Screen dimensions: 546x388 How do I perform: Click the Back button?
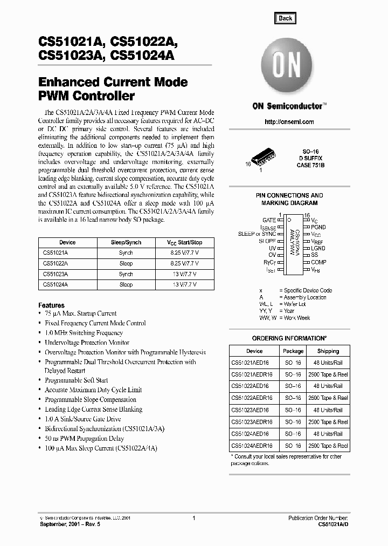(x=285, y=18)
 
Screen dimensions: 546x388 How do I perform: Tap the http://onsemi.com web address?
(x=289, y=122)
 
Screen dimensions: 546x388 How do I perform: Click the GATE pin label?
(x=269, y=221)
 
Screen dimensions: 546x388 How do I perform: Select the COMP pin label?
(x=318, y=262)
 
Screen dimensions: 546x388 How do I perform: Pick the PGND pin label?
(x=318, y=228)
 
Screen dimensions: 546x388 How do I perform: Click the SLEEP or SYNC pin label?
(x=257, y=234)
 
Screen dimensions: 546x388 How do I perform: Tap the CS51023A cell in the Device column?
(x=56, y=274)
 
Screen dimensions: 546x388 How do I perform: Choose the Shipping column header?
(x=328, y=351)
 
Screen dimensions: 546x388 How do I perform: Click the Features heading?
(x=52, y=305)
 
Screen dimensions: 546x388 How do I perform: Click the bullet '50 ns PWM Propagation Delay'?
(x=84, y=439)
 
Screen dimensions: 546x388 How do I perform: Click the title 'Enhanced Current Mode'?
(x=113, y=83)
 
